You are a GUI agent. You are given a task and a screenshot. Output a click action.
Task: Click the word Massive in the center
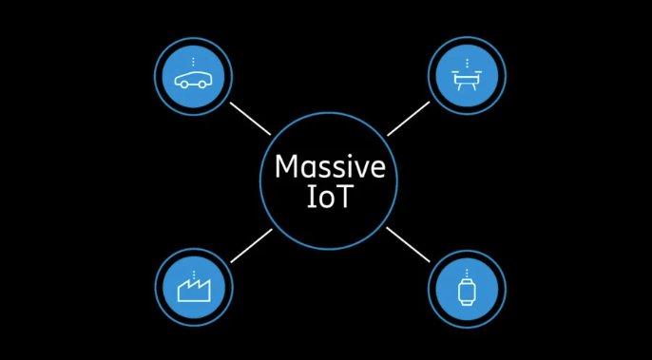(330, 167)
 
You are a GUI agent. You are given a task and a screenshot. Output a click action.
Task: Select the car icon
(194, 78)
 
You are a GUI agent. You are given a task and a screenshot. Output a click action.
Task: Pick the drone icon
(466, 80)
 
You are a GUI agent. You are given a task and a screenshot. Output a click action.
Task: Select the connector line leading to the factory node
(251, 245)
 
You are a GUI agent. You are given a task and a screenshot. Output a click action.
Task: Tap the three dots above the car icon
(194, 62)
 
